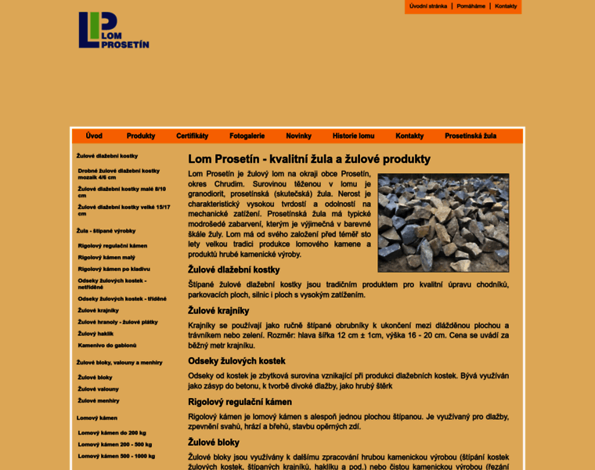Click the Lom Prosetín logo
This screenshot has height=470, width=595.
(113, 30)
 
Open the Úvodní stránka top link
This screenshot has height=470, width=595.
(428, 6)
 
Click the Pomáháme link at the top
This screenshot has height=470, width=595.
(471, 6)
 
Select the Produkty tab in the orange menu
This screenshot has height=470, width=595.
(141, 136)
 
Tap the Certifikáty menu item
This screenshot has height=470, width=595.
(192, 136)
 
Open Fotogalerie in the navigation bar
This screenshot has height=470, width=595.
(247, 136)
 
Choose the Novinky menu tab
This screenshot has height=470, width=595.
(298, 136)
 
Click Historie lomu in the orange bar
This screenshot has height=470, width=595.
(353, 136)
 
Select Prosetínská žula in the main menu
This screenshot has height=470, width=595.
(471, 136)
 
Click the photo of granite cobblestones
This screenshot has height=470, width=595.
(443, 223)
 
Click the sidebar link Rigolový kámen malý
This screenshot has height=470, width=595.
(106, 257)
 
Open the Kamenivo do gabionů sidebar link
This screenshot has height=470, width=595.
(107, 345)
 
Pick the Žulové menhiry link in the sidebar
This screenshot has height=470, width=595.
(99, 400)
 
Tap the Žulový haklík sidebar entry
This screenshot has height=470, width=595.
(96, 333)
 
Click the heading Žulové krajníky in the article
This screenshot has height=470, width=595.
(218, 310)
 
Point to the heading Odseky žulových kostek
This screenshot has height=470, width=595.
(236, 361)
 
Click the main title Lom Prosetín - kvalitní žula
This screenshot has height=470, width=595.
(309, 159)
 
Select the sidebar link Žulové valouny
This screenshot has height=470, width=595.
(99, 389)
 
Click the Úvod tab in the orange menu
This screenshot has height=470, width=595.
(94, 136)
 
